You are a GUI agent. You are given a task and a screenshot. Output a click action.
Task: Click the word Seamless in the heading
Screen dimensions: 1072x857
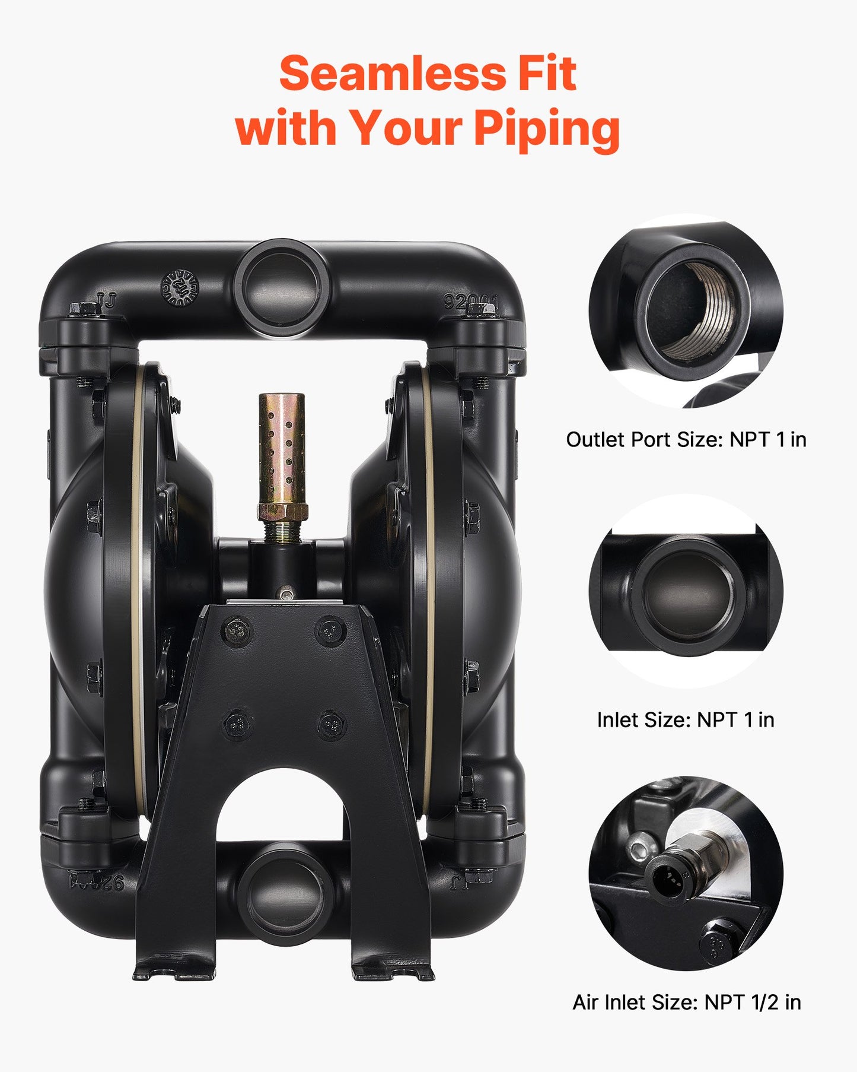tap(392, 74)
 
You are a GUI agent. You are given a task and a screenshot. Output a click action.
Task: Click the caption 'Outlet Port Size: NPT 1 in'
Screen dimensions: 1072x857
tap(686, 439)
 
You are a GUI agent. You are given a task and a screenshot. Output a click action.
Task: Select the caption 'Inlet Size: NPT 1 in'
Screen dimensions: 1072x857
tap(685, 719)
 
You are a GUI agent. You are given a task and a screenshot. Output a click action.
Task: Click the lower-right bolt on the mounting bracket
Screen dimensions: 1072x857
tap(330, 724)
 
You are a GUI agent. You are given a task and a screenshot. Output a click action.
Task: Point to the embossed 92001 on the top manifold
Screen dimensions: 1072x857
tap(471, 302)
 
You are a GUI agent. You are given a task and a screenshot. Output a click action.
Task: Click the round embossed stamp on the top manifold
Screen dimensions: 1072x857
tap(180, 288)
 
